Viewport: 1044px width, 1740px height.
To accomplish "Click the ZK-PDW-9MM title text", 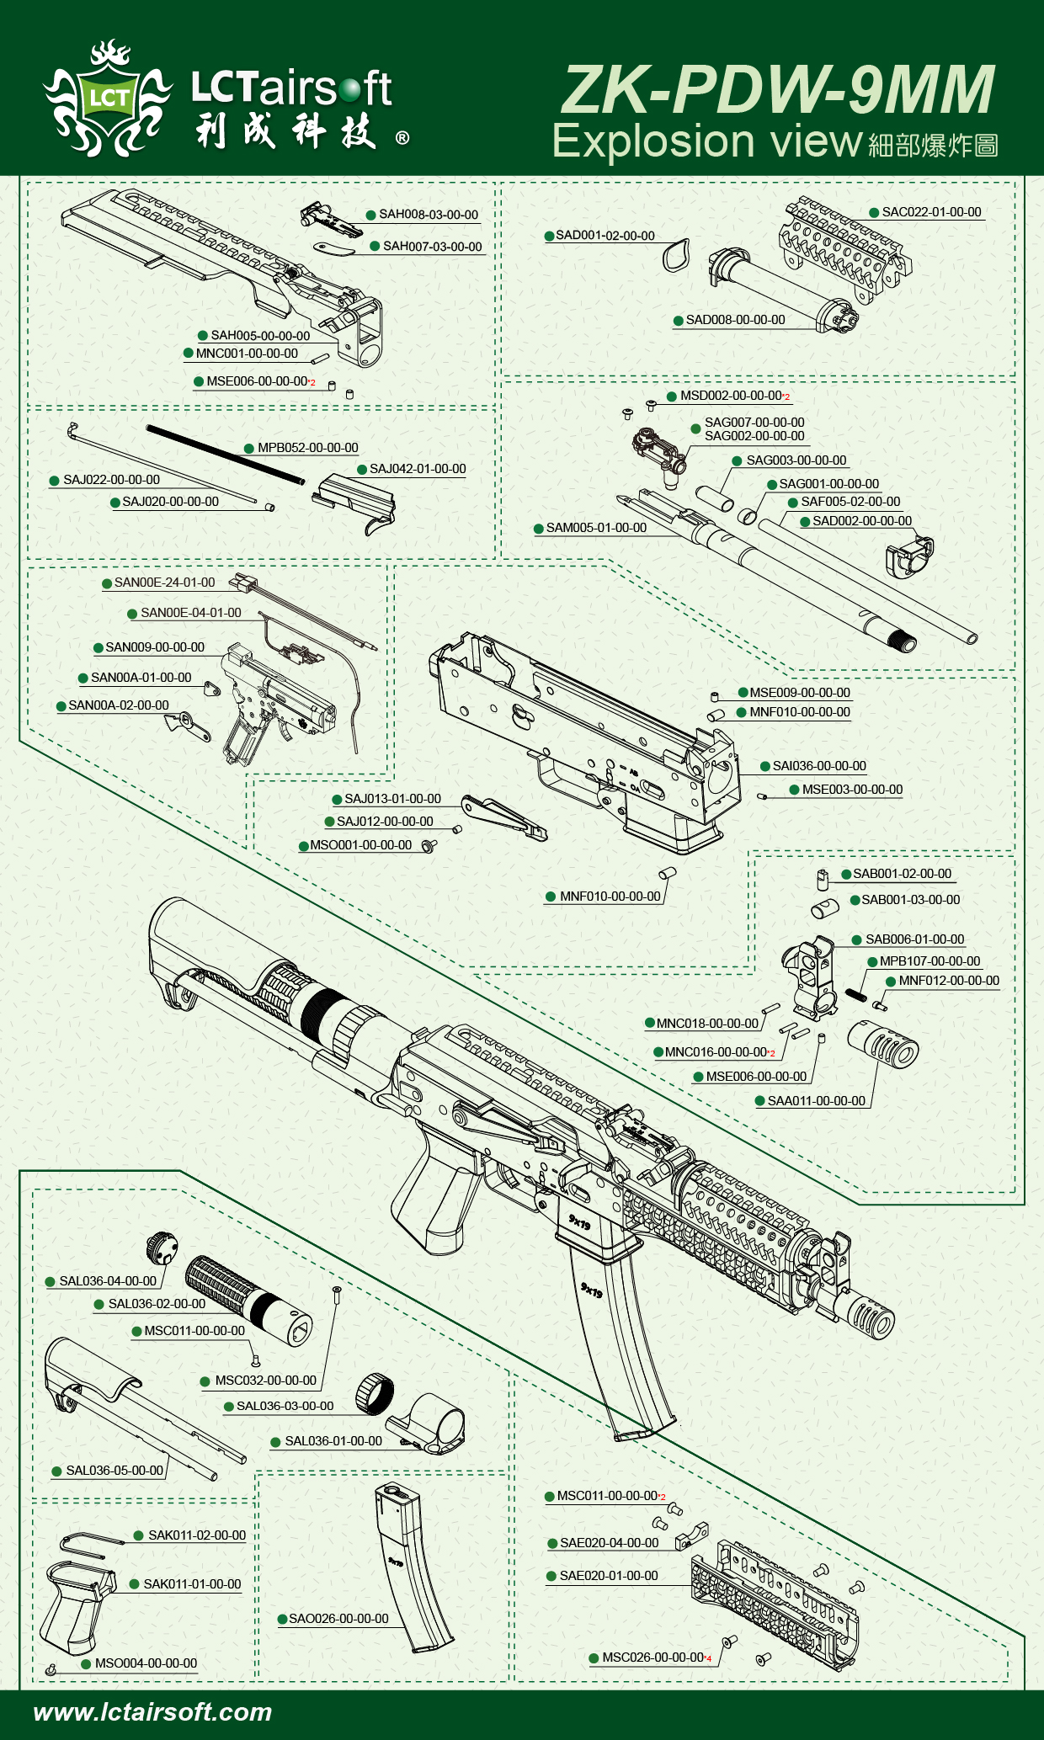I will click(778, 90).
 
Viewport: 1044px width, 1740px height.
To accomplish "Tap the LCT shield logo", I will click(108, 99).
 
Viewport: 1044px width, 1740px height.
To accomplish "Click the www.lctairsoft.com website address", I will click(152, 1711).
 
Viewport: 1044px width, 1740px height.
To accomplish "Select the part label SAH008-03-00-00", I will click(428, 215).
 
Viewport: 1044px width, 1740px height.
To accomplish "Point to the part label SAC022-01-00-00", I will click(931, 212).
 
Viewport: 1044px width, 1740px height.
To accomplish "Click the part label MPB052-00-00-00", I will click(307, 448).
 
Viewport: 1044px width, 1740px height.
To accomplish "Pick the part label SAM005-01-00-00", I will click(596, 528).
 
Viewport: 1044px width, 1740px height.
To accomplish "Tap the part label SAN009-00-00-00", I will click(155, 647).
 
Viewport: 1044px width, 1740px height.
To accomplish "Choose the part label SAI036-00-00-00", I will click(819, 766).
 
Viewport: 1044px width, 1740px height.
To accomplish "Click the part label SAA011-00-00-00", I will click(816, 1101).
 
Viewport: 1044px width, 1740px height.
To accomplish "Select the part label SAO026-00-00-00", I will click(338, 1619).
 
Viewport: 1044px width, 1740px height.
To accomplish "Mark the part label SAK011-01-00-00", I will click(192, 1584).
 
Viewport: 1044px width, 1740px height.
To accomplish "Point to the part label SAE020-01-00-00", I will click(609, 1576).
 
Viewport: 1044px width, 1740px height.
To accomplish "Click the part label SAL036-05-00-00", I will click(115, 1471).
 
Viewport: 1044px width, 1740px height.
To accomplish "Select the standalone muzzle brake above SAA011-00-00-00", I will click(882, 1044).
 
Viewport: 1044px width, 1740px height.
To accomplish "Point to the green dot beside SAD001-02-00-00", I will click(549, 237).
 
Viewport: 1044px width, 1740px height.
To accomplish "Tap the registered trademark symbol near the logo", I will click(402, 138).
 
